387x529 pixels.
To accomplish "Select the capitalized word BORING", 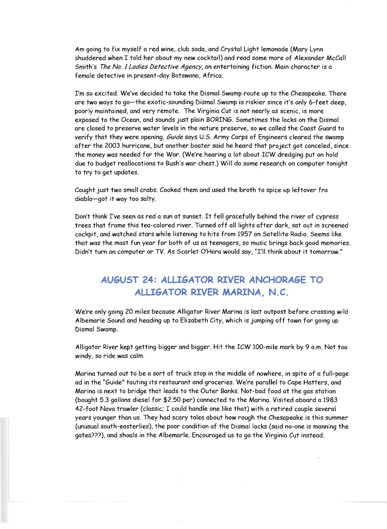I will (x=219, y=120).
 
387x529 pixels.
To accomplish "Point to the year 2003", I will (x=112, y=146).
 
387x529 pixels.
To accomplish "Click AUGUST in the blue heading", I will (x=120, y=280).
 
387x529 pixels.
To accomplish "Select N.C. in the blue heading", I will (x=278, y=292).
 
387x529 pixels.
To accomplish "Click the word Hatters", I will (x=314, y=382).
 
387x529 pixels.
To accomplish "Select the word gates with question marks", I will (x=90, y=435).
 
